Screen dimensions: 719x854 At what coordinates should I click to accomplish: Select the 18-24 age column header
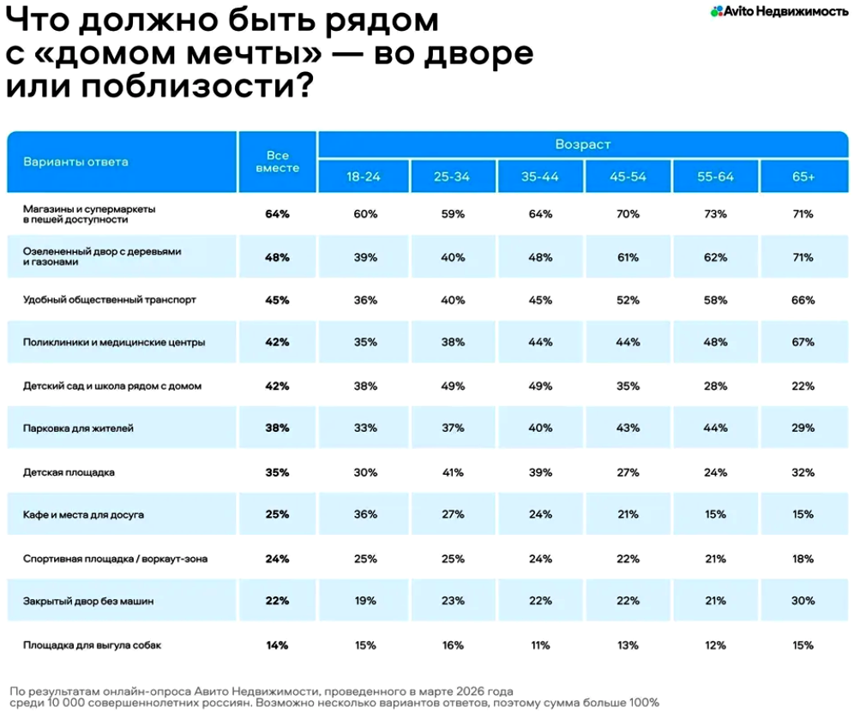click(x=363, y=177)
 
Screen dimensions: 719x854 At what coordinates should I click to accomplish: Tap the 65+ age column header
click(x=803, y=177)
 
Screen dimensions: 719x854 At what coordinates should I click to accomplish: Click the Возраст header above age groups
click(x=582, y=145)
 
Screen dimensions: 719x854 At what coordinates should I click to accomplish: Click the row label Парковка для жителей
click(x=78, y=428)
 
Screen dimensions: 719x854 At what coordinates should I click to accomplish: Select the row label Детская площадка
click(x=69, y=472)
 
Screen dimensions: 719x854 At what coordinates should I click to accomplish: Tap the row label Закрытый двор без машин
click(x=88, y=602)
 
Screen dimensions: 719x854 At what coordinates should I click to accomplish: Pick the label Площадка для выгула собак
click(x=92, y=644)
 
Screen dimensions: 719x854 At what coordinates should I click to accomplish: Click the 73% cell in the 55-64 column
click(x=715, y=214)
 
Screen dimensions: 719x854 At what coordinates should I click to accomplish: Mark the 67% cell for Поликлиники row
click(x=803, y=342)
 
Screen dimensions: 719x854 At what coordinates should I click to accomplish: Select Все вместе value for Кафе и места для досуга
click(x=277, y=515)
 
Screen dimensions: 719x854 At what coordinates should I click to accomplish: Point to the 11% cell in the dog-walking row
click(x=540, y=644)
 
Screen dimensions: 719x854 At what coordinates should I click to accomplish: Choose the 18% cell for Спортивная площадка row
click(x=803, y=559)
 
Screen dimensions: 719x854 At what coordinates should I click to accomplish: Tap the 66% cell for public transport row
click(x=803, y=300)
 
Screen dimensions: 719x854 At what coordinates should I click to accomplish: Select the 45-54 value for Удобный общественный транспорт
click(x=628, y=300)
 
